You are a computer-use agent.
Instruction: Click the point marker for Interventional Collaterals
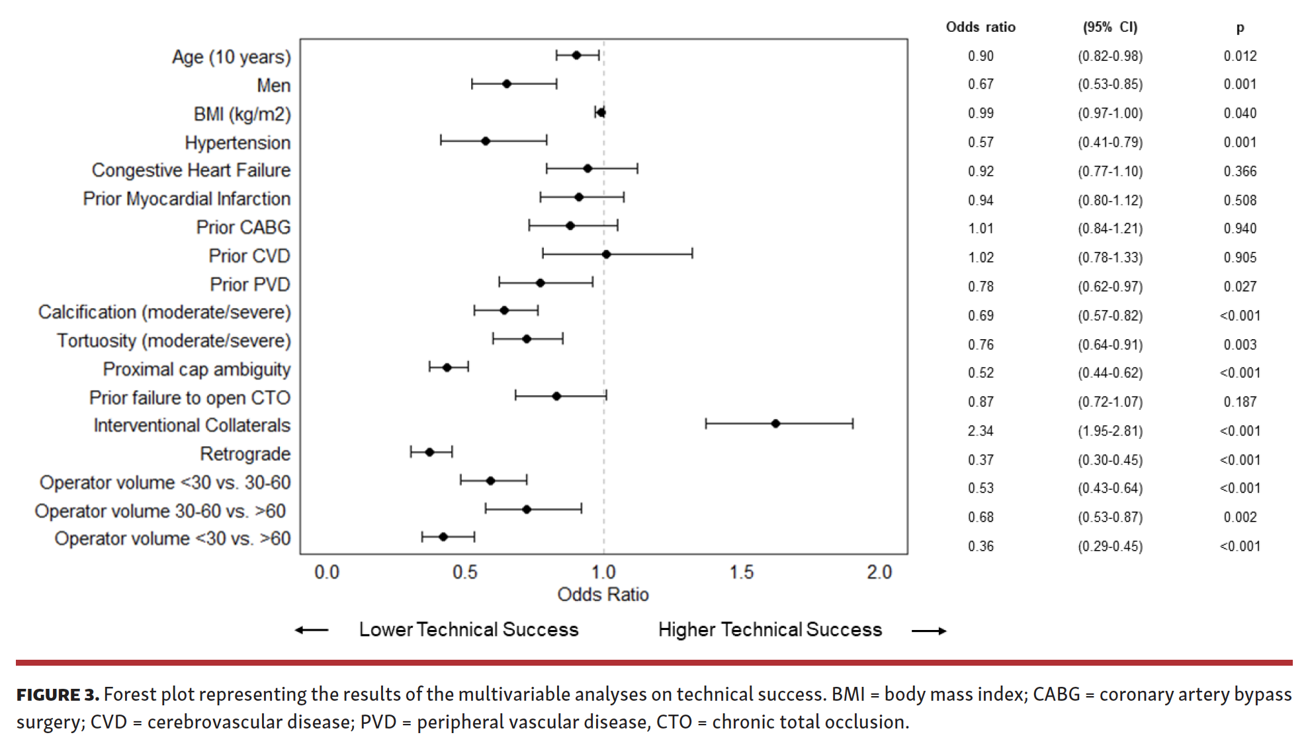(775, 424)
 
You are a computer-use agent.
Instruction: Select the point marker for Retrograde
(429, 452)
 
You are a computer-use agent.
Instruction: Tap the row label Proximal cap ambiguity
(196, 369)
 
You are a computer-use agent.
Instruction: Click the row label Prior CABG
(243, 227)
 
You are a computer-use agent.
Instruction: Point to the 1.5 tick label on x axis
(741, 572)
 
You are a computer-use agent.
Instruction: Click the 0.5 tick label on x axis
(464, 572)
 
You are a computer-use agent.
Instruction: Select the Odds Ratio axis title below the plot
(603, 594)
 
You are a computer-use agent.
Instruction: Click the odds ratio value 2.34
(981, 431)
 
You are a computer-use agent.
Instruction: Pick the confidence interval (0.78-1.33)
(1110, 257)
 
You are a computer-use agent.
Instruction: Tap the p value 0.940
(1240, 229)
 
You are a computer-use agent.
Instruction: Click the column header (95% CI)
(1110, 27)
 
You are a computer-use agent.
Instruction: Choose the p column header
(1240, 28)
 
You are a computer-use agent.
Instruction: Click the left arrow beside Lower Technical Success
(312, 630)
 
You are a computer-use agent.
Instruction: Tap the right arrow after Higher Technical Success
(929, 631)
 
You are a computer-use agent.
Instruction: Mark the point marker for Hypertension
(486, 141)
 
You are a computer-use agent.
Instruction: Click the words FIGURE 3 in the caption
(58, 695)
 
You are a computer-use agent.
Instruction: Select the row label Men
(273, 86)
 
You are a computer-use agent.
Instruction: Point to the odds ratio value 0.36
(981, 546)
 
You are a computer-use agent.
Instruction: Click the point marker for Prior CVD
(606, 254)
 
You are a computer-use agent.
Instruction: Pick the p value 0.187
(1240, 402)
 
